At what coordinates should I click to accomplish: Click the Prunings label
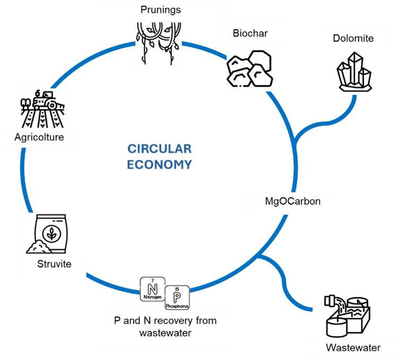click(x=160, y=10)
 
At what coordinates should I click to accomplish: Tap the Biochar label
click(x=250, y=34)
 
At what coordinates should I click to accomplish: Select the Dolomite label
click(x=353, y=38)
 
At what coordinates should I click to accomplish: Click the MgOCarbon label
click(x=293, y=202)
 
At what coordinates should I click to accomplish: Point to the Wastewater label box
click(x=353, y=348)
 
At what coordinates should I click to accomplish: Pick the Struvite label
click(x=54, y=263)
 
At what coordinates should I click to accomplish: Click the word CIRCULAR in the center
click(x=159, y=149)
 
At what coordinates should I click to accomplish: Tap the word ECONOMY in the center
click(x=159, y=165)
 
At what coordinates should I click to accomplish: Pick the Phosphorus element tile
click(x=177, y=298)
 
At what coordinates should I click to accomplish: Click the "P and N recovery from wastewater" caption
click(x=165, y=327)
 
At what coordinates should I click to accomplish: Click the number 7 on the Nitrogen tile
click(x=153, y=280)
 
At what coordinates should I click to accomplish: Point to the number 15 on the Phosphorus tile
click(x=177, y=289)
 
